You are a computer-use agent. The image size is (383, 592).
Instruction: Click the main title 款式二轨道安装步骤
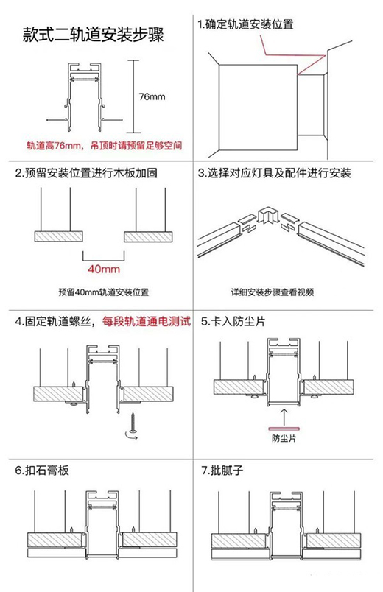(x=93, y=35)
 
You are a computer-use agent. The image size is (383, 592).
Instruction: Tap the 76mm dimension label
(x=152, y=96)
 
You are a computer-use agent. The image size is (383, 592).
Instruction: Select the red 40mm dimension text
(x=104, y=269)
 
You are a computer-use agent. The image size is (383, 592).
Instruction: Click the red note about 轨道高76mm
(x=105, y=145)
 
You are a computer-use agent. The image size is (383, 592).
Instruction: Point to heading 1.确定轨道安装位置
(x=245, y=24)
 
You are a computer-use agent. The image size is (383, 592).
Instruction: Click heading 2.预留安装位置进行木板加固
(x=86, y=173)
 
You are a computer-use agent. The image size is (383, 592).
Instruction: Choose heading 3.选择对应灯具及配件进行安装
(x=275, y=173)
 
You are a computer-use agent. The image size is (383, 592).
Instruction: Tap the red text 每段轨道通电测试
(x=147, y=322)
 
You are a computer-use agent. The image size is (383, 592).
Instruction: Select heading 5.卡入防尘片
(x=233, y=322)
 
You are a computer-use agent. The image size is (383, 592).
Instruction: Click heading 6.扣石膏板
(x=42, y=471)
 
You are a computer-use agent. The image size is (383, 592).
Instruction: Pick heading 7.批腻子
(x=222, y=471)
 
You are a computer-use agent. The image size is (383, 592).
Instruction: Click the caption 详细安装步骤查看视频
(x=273, y=292)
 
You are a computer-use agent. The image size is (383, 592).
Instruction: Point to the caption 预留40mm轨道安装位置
(x=104, y=292)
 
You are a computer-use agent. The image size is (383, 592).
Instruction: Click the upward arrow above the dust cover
(x=284, y=416)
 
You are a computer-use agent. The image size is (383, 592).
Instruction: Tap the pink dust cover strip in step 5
(x=284, y=429)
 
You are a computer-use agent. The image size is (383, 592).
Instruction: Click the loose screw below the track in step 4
(x=133, y=423)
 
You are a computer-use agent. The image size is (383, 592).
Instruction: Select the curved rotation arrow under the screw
(x=131, y=437)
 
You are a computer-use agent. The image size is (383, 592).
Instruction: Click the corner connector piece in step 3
(x=268, y=216)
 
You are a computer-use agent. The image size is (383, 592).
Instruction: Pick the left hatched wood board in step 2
(x=58, y=236)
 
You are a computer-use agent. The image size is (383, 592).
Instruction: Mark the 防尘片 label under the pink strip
(x=284, y=438)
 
